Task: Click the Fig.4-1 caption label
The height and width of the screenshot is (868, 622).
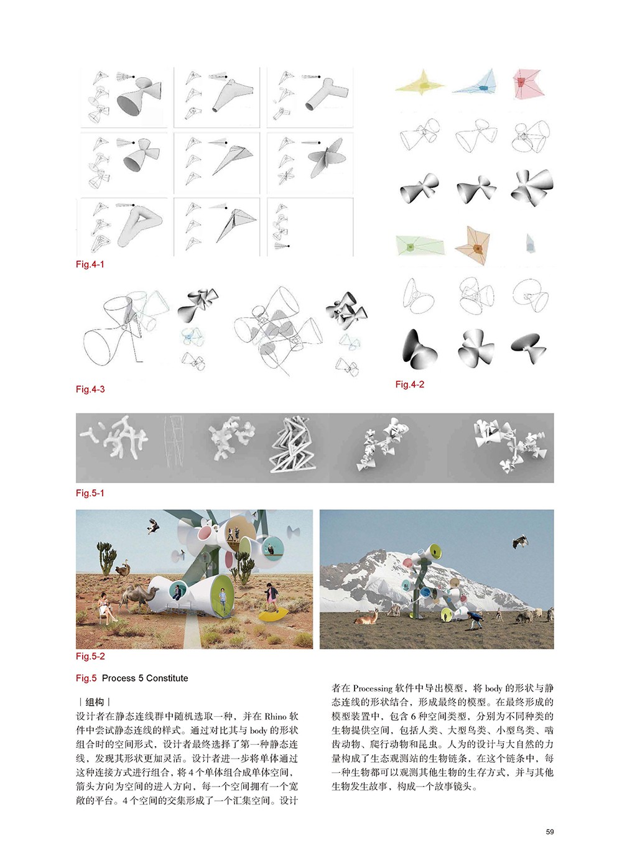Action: click(90, 264)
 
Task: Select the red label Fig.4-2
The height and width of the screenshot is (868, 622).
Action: click(410, 384)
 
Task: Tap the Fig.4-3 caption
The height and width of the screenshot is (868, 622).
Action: click(90, 389)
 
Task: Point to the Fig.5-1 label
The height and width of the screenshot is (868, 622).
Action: click(90, 493)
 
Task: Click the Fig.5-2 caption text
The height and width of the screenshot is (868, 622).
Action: click(90, 656)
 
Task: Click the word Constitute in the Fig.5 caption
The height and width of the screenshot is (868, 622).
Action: click(167, 678)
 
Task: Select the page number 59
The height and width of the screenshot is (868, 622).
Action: click(550, 832)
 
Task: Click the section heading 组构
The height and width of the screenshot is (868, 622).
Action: click(95, 702)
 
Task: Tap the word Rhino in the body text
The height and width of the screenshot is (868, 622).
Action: click(275, 716)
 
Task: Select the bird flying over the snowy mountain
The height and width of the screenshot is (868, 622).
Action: click(520, 542)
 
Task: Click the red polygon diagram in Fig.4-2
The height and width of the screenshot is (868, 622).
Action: click(527, 83)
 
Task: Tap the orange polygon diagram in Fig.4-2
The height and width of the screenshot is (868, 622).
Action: click(475, 246)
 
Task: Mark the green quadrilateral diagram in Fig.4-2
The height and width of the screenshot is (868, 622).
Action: click(419, 246)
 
